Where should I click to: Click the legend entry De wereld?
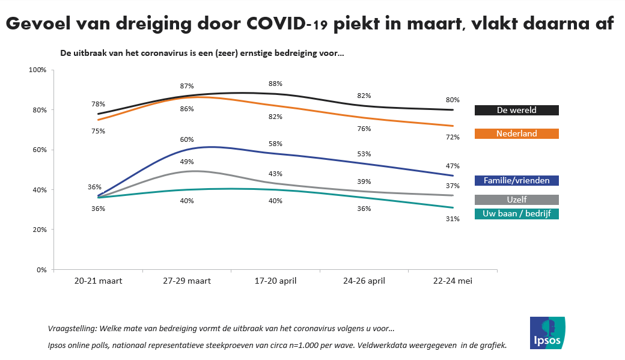[516, 110]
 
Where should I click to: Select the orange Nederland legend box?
[516, 133]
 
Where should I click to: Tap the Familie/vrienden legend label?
[516, 180]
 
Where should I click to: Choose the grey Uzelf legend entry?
[516, 200]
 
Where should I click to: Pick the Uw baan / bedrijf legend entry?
[516, 214]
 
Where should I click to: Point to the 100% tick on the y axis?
[38, 70]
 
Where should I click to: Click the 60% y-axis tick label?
[40, 150]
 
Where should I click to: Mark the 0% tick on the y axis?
[41, 270]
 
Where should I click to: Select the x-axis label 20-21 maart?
[98, 281]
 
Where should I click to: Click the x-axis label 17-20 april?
[275, 281]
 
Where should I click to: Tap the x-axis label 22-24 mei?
[453, 281]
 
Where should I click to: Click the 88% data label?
[275, 84]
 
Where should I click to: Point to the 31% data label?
[453, 219]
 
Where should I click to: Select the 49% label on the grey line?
[187, 162]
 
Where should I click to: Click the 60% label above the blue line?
[187, 139]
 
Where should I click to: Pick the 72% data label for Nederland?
[453, 137]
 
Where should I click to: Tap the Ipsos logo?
[547, 332]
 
